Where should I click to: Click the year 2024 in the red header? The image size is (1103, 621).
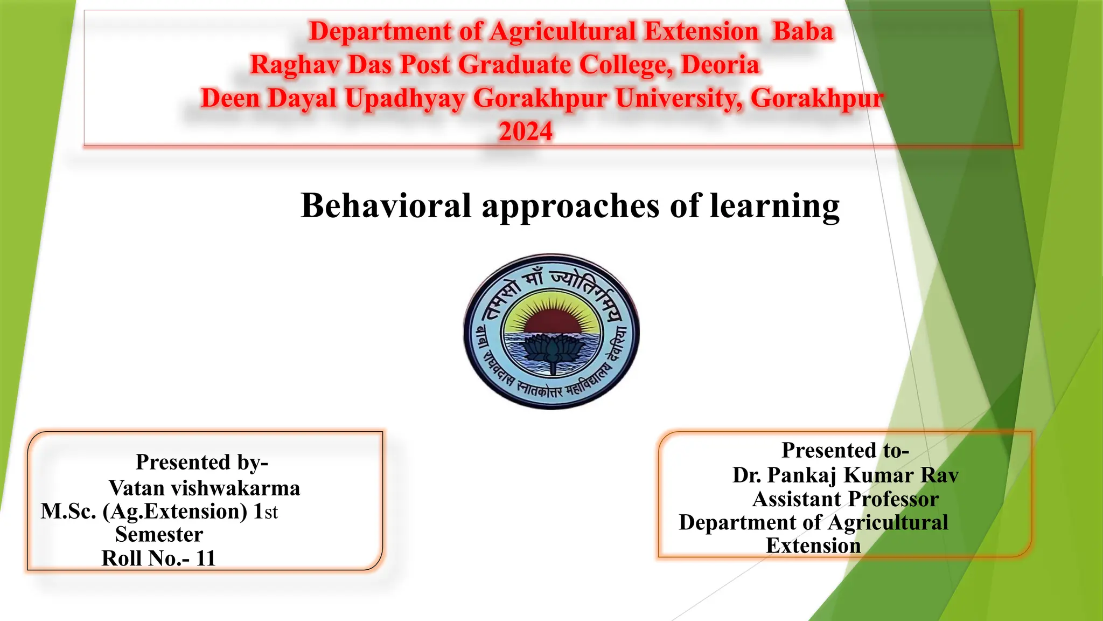pos(526,132)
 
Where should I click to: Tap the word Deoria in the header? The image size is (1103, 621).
pos(720,65)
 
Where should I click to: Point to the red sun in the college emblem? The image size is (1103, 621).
pos(551,321)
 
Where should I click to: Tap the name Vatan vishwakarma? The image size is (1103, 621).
pos(204,488)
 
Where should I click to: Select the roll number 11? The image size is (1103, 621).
pos(206,558)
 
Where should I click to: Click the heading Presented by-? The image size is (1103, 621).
pos(202,463)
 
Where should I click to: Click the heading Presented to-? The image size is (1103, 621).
pos(845,451)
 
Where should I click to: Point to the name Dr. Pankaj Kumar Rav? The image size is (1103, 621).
pos(845,475)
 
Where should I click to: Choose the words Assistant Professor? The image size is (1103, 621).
pos(845,499)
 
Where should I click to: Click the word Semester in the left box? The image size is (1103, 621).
pos(159,535)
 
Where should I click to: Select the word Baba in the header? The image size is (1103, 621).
pos(803,31)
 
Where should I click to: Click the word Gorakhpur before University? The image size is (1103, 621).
pos(540,99)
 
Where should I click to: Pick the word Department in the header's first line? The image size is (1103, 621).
pos(380,31)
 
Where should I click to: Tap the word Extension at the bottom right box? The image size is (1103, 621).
pos(813,546)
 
